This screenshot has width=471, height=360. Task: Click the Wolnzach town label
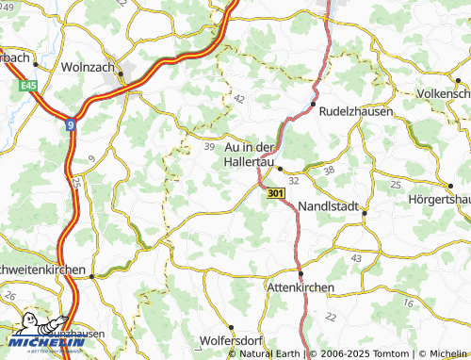point(87,68)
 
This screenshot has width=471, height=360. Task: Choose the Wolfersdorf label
point(232,341)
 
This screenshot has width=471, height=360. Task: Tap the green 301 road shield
point(274,192)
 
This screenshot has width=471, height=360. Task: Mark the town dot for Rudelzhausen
point(314,104)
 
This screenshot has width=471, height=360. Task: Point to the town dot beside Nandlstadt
point(364,213)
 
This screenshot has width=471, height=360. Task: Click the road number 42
point(237,98)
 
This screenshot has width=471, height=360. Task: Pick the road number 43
point(355,257)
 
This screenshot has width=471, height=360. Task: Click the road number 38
point(328,171)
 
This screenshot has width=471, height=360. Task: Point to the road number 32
point(294,179)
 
